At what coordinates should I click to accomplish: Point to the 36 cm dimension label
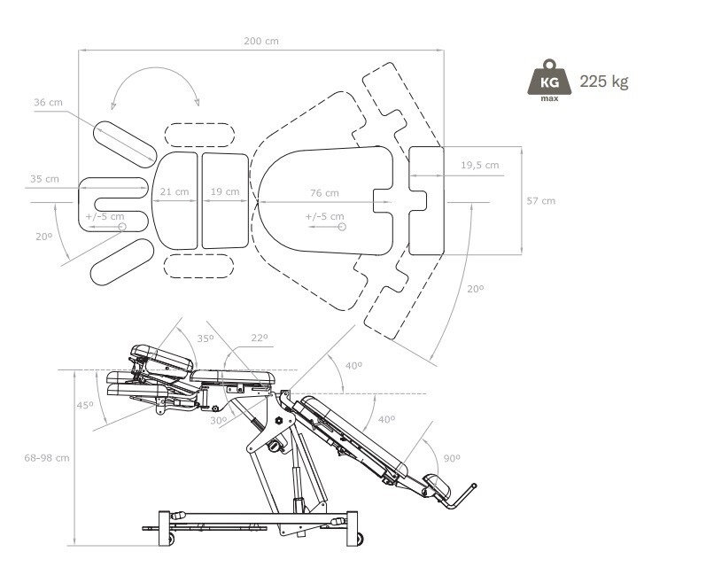[x=49, y=103]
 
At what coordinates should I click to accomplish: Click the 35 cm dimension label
[x=44, y=179]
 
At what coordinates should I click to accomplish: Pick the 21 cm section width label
[x=174, y=191]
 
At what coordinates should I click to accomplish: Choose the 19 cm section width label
[x=224, y=191]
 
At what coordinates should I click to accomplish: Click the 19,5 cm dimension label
[x=479, y=165]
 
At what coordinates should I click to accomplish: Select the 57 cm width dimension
[x=540, y=201]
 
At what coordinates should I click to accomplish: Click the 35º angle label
[x=205, y=338]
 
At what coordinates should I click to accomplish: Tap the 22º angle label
[x=258, y=338]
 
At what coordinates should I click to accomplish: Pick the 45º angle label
[x=84, y=405]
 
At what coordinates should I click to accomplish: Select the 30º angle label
[x=217, y=421]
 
